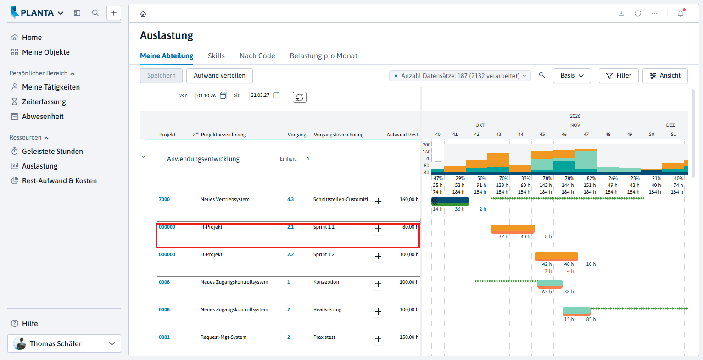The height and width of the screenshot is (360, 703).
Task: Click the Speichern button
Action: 161,76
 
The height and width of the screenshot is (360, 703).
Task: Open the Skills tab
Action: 216,56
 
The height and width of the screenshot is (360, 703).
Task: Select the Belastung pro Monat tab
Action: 323,56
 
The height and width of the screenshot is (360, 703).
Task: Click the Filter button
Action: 618,76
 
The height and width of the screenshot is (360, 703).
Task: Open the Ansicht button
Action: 665,76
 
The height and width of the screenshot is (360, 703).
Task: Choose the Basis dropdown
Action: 572,76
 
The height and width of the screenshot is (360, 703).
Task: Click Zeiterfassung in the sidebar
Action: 44,102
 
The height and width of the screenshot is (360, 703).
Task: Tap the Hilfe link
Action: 30,324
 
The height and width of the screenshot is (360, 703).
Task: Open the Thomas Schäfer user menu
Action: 64,343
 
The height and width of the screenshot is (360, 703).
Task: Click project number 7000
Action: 164,199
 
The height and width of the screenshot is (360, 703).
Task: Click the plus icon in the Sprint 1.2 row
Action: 378,256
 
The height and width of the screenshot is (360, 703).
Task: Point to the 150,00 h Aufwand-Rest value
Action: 408,337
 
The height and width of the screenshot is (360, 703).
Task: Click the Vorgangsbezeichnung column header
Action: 338,135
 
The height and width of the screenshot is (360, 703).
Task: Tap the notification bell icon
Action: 681,13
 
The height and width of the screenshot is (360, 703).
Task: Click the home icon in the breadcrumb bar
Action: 143,14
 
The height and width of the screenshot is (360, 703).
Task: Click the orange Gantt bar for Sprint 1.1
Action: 513,229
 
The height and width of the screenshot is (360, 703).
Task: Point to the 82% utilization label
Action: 591,178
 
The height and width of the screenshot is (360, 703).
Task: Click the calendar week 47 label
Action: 586,135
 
